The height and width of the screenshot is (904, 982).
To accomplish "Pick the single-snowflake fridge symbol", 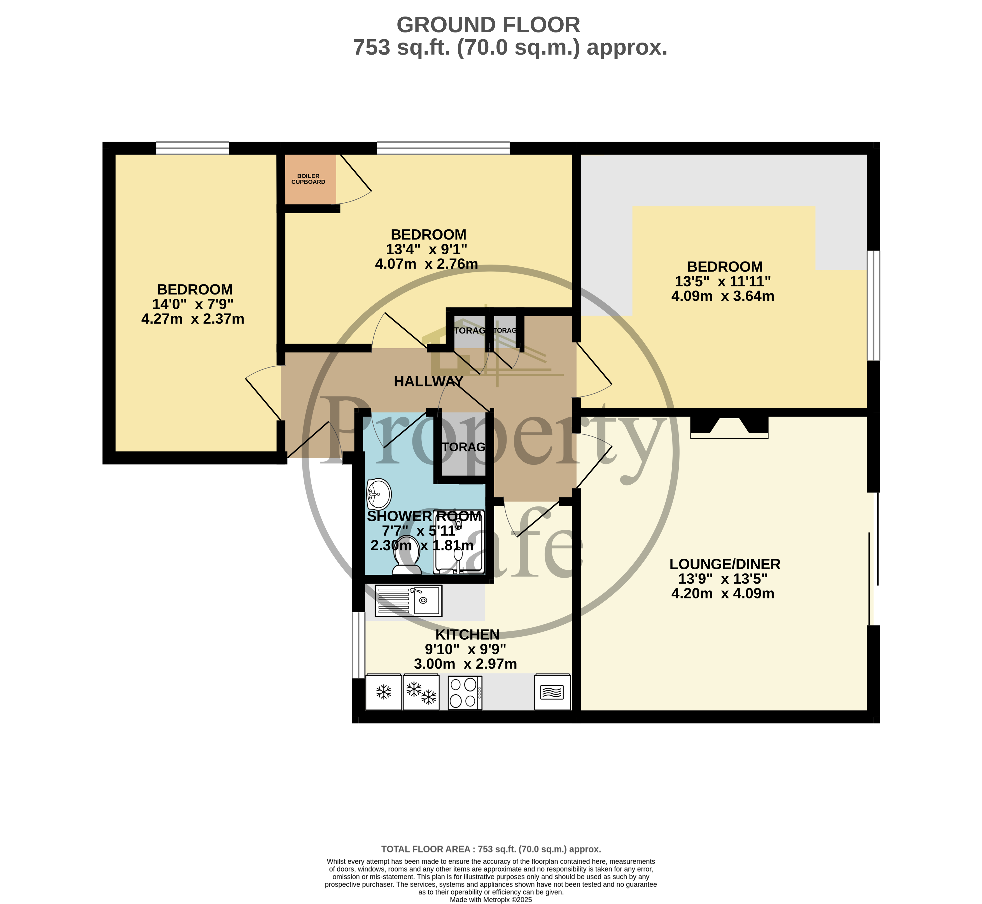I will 384,692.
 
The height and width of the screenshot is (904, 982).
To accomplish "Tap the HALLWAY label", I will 429,382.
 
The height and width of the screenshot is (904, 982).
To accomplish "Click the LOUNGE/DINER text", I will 725,564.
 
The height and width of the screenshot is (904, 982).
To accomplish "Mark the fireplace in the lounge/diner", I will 729,426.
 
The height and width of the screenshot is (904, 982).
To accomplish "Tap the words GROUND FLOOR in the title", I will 488,25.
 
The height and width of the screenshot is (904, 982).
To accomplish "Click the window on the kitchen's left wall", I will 359,645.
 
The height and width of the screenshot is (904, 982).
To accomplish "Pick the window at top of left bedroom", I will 192,148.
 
